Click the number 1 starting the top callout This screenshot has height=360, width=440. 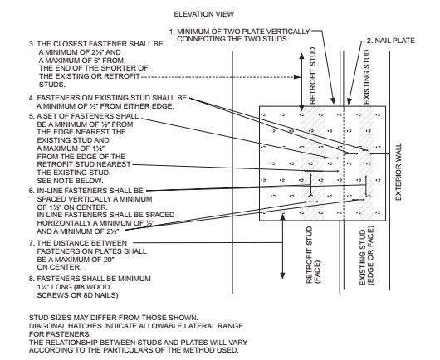tap(170, 32)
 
